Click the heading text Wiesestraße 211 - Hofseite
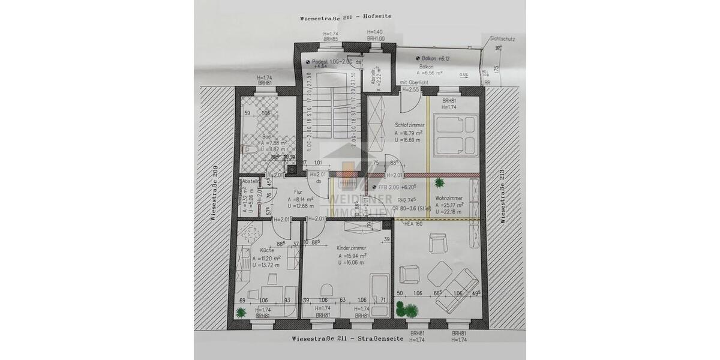click(x=346, y=17)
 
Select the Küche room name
click(x=268, y=250)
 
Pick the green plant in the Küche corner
click(x=241, y=311)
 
